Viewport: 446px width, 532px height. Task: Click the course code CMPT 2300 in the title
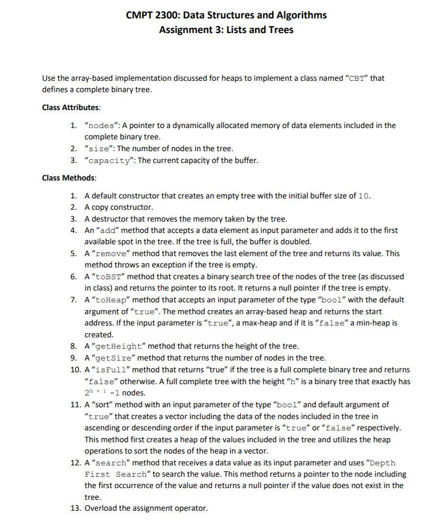(x=152, y=15)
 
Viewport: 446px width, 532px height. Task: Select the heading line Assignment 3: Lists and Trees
(x=226, y=30)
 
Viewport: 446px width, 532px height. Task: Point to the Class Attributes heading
(x=71, y=107)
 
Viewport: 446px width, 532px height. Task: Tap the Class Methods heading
(x=69, y=178)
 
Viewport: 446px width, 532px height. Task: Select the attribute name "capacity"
(x=109, y=161)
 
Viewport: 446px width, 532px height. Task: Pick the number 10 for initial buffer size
(x=364, y=196)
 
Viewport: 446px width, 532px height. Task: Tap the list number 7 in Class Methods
(x=74, y=300)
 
